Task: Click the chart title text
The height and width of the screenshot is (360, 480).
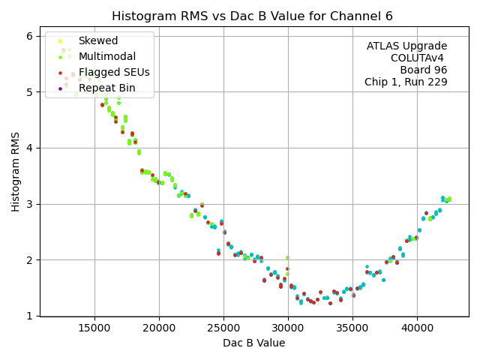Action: (x=252, y=16)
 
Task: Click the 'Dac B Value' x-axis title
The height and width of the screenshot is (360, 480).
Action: (x=253, y=343)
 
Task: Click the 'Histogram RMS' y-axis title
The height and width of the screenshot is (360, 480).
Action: (x=16, y=171)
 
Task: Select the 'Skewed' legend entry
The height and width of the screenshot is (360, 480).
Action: (x=97, y=40)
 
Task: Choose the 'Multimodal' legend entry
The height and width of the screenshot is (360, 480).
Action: (x=106, y=56)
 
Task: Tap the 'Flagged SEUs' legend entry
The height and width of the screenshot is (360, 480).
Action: (x=114, y=72)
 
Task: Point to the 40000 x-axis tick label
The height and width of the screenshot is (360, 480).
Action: (x=417, y=328)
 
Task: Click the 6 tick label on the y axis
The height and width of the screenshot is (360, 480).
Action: (x=28, y=36)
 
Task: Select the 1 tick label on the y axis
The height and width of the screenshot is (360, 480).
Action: (x=28, y=316)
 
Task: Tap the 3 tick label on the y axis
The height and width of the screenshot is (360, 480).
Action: (x=28, y=204)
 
